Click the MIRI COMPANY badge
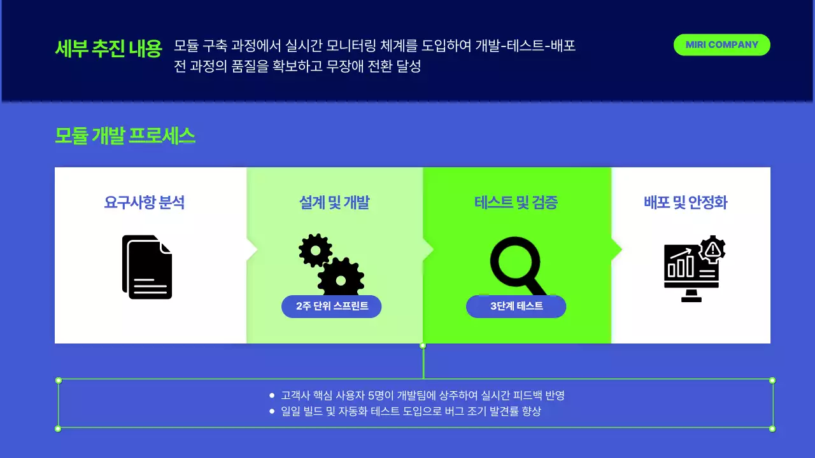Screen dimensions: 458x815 click(721, 45)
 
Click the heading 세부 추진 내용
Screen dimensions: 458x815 click(109, 48)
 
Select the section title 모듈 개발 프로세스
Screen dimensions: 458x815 click(125, 135)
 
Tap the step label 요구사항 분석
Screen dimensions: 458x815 click(145, 203)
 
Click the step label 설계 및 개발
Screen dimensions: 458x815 click(334, 203)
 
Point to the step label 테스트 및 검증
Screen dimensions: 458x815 click(516, 203)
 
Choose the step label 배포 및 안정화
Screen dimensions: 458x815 click(686, 203)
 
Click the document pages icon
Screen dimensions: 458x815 click(147, 267)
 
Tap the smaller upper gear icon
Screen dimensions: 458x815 click(315, 250)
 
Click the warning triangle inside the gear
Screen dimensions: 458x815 click(712, 249)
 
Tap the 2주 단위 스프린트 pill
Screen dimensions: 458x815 click(332, 306)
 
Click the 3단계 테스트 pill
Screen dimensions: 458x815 click(516, 306)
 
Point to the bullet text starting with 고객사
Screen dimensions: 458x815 click(423, 396)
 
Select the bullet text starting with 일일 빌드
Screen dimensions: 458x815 click(411, 412)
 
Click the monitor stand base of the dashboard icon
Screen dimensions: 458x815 click(691, 298)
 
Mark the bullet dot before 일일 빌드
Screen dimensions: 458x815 click(272, 412)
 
